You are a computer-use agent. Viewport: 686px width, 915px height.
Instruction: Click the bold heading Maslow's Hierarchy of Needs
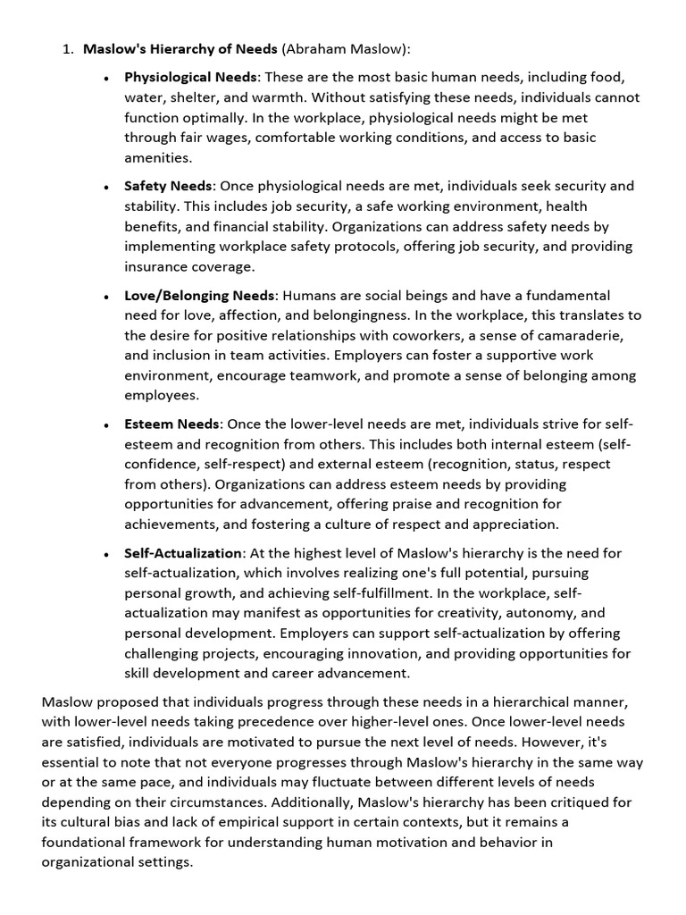[x=180, y=49]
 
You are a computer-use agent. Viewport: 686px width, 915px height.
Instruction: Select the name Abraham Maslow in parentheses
[x=344, y=49]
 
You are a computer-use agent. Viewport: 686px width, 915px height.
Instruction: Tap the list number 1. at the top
[x=68, y=49]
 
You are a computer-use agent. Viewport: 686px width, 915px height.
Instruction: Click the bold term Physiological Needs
[x=191, y=78]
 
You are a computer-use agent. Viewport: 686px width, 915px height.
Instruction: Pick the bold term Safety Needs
[x=168, y=186]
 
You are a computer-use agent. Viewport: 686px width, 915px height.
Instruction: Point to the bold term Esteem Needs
[x=171, y=424]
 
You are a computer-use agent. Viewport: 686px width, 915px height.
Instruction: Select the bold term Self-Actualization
[x=183, y=553]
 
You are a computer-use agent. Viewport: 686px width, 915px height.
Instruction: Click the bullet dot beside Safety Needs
[x=106, y=188]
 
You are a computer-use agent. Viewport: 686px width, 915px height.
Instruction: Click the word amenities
[x=157, y=157]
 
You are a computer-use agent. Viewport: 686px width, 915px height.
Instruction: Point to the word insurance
[x=156, y=266]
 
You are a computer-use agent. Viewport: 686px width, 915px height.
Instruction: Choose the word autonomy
[x=540, y=613]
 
